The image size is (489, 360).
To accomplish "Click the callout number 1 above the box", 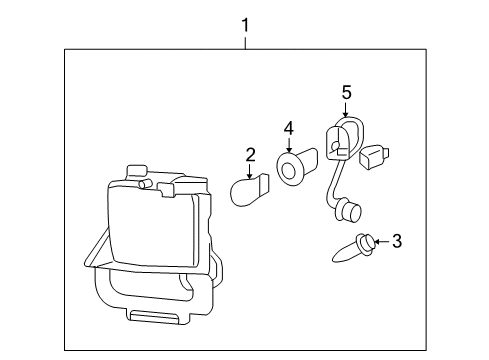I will [245, 21].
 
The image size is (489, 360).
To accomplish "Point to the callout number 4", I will [288, 128].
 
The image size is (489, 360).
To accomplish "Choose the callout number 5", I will [346, 92].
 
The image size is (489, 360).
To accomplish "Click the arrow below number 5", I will [346, 110].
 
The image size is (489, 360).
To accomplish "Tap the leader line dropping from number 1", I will [245, 40].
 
